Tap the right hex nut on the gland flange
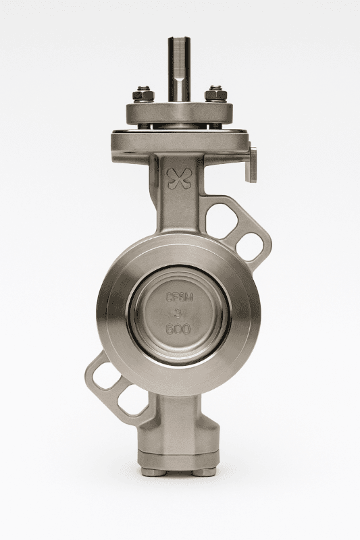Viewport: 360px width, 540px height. pyautogui.click(x=215, y=92)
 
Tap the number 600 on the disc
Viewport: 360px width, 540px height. pyautogui.click(x=179, y=330)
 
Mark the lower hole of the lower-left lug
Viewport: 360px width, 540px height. pyautogui.click(x=132, y=404)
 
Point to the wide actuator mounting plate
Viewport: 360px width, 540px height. pyautogui.click(x=179, y=142)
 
